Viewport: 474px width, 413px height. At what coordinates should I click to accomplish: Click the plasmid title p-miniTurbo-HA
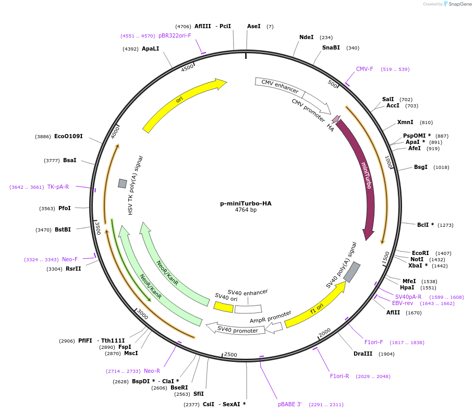pyautogui.click(x=246, y=203)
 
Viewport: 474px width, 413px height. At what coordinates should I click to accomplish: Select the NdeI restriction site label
pyautogui.click(x=307, y=37)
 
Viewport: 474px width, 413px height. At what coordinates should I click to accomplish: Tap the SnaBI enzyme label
pyautogui.click(x=331, y=48)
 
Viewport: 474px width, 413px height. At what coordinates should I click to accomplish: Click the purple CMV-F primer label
pyautogui.click(x=364, y=69)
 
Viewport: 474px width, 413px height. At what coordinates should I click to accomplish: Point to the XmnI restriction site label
pyautogui.click(x=405, y=123)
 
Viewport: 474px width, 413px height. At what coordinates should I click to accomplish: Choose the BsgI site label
pyautogui.click(x=421, y=167)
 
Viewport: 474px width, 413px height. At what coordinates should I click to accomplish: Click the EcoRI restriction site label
pyautogui.click(x=420, y=253)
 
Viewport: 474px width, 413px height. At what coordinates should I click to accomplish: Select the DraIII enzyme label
pyautogui.click(x=363, y=354)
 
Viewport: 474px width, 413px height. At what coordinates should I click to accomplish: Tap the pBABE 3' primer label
pyautogui.click(x=290, y=404)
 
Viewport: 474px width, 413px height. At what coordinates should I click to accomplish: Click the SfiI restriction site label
pyautogui.click(x=199, y=394)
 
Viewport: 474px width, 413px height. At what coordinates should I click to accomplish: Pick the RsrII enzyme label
pyautogui.click(x=74, y=269)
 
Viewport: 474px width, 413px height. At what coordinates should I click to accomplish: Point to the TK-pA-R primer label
pyautogui.click(x=58, y=187)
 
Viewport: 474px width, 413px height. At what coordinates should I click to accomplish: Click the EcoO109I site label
pyautogui.click(x=68, y=136)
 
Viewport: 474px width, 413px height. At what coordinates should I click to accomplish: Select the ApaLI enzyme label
pyautogui.click(x=150, y=48)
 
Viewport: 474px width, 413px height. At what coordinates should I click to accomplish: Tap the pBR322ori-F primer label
pyautogui.click(x=175, y=35)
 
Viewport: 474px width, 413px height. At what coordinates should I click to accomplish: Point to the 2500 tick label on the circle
pyautogui.click(x=230, y=355)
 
